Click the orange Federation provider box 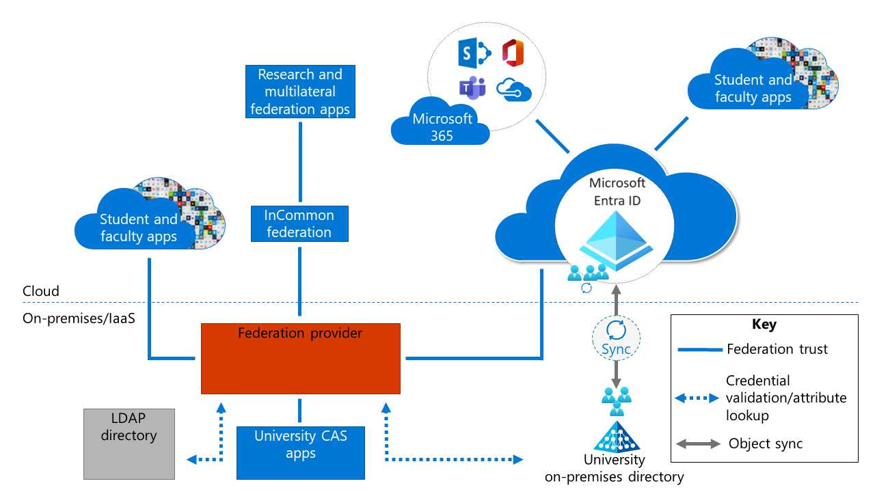[x=300, y=359]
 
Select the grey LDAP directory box [x=129, y=443]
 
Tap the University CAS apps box [x=300, y=452]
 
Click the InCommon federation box [x=299, y=224]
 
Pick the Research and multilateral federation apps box [x=300, y=92]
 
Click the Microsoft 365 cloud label [x=441, y=127]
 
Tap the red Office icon [x=513, y=53]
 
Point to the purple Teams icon [x=472, y=89]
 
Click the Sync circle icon [x=617, y=335]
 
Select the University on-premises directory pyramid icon [x=617, y=437]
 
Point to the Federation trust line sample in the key [x=699, y=350]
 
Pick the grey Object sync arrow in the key [x=698, y=444]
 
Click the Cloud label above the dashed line [x=41, y=291]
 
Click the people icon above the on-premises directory [x=617, y=401]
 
